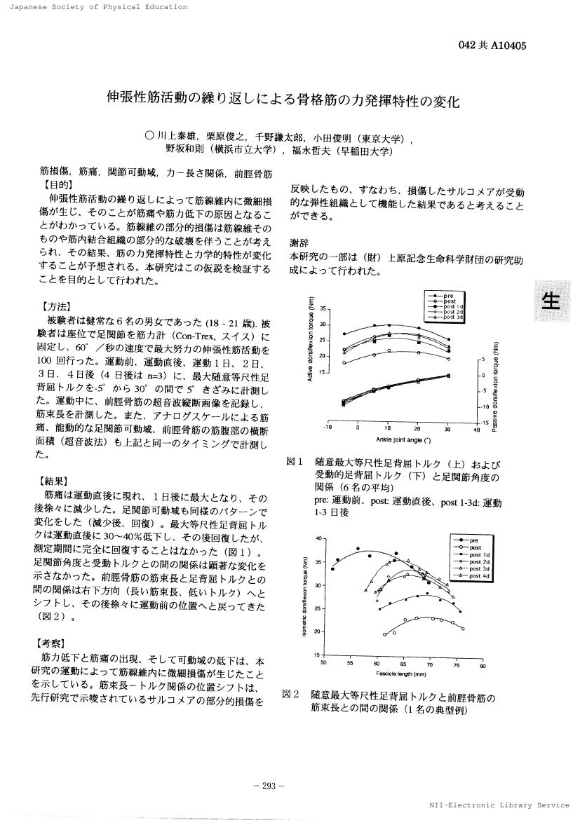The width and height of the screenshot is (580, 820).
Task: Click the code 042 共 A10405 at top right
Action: click(x=492, y=46)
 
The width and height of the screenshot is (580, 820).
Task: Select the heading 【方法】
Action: click(x=56, y=306)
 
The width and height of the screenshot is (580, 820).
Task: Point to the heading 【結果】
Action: click(x=56, y=481)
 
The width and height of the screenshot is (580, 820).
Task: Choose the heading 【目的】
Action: click(x=56, y=186)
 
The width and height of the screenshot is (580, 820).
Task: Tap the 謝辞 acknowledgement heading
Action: click(x=300, y=242)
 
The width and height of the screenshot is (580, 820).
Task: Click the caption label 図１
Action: click(x=295, y=463)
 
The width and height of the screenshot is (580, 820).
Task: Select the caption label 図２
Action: click(x=292, y=694)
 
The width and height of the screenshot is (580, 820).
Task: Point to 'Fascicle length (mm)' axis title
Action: click(x=401, y=674)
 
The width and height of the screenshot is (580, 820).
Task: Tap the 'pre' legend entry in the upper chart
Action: click(x=449, y=296)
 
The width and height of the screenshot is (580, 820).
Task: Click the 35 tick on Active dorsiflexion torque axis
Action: click(x=324, y=309)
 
